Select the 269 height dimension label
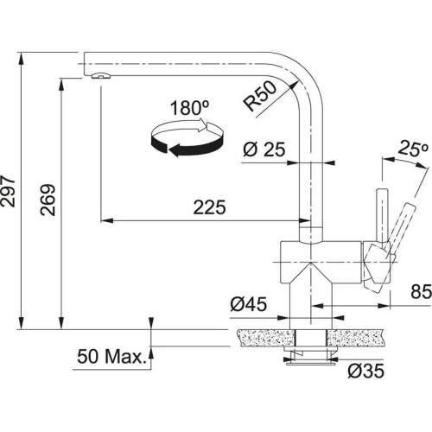pos(48,201)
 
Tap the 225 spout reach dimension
pos(209,208)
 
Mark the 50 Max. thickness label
pos(111,356)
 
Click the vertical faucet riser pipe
pos(310,173)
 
